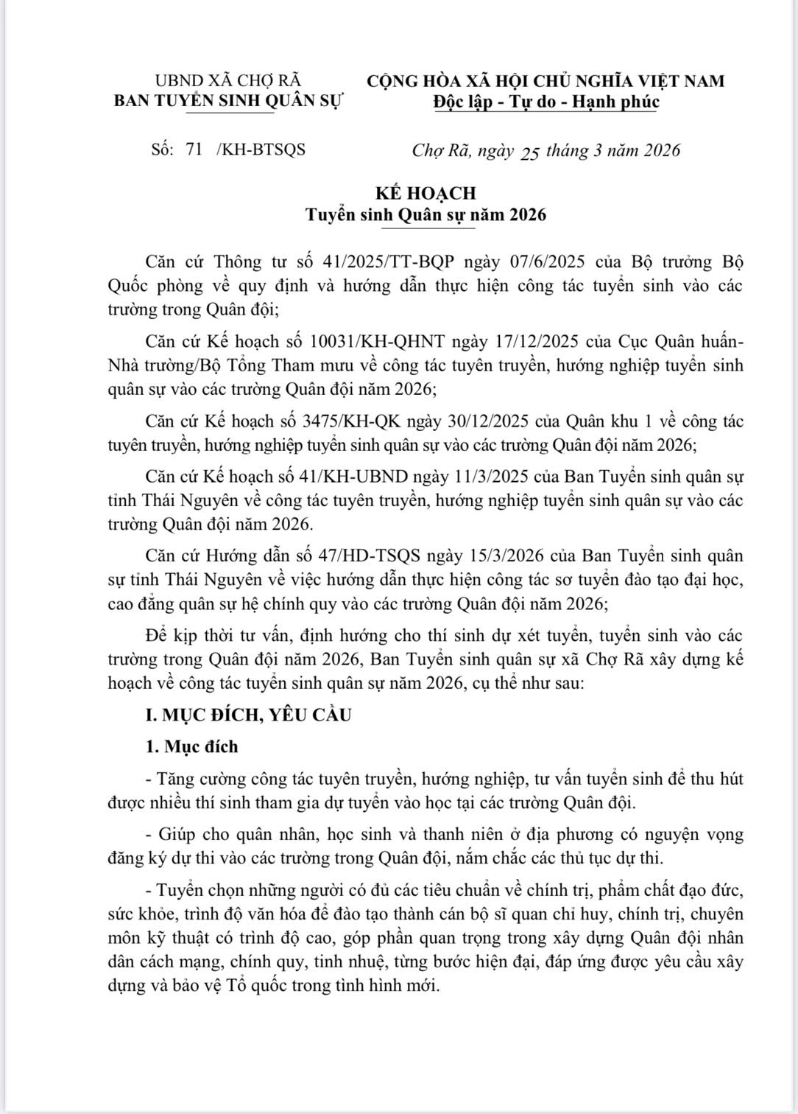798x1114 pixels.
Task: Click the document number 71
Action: click(194, 149)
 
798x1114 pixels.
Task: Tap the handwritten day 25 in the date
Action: click(530, 153)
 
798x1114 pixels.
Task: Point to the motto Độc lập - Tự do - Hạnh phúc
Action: click(545, 102)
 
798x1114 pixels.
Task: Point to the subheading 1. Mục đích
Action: click(191, 746)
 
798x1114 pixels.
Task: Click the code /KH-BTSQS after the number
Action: click(261, 150)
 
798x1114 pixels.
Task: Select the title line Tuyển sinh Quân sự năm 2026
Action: click(426, 215)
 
